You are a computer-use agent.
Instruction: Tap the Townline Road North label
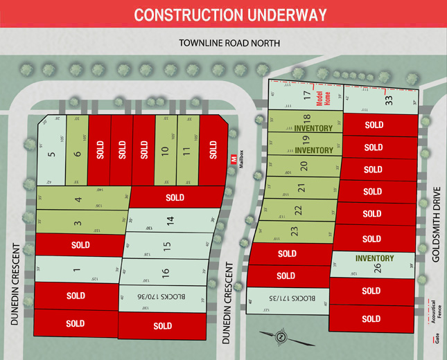(x=229, y=43)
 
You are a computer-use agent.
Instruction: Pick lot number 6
(x=77, y=150)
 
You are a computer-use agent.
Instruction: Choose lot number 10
(x=165, y=150)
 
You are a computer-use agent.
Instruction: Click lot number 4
(x=78, y=200)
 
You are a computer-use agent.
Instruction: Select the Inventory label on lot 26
(x=374, y=258)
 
